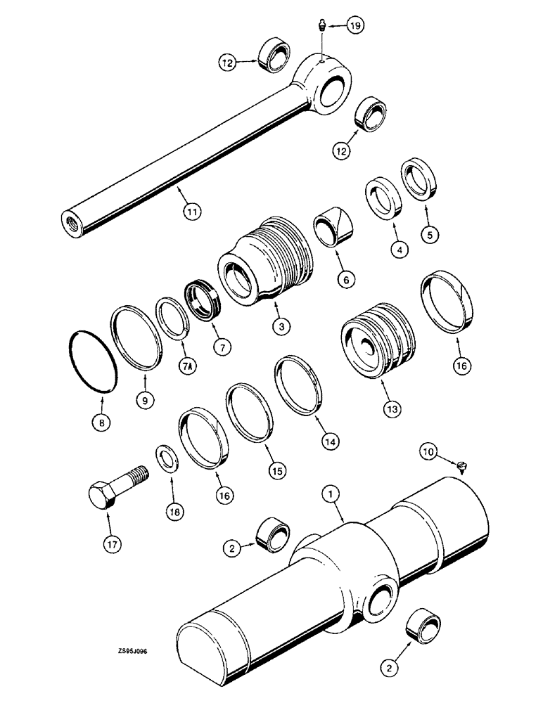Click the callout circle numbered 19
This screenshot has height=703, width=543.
tap(355, 27)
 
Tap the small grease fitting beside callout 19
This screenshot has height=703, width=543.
tap(319, 26)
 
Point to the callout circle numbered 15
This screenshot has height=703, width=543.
tap(277, 471)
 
